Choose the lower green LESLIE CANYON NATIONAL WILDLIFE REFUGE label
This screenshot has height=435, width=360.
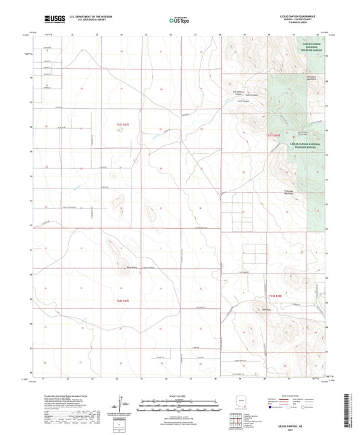(x=307, y=145)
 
